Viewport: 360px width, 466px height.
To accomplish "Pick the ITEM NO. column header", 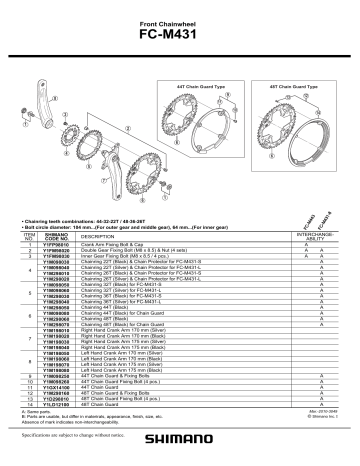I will point(29,234).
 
